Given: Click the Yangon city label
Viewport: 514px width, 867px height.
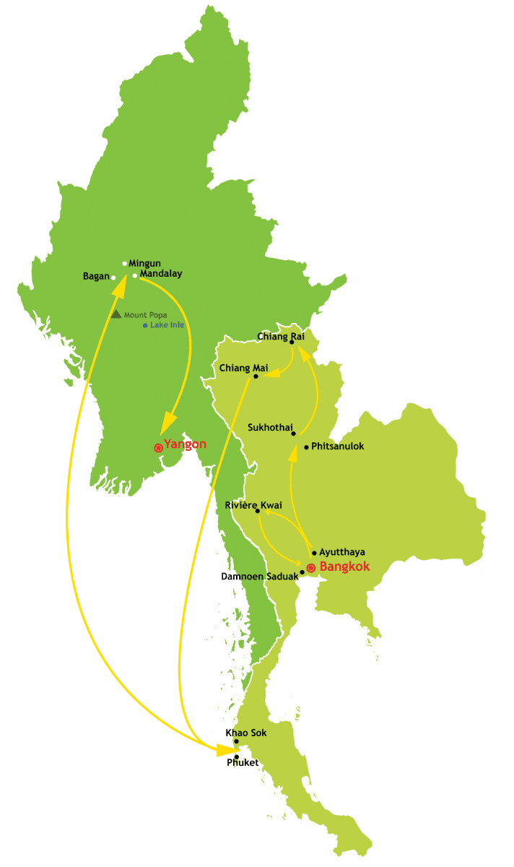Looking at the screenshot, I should click(186, 444).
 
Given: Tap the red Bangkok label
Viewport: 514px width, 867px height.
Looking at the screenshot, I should click(344, 566).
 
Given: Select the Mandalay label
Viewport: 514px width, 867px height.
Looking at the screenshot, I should click(161, 274).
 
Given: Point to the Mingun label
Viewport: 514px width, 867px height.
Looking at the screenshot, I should click(144, 264).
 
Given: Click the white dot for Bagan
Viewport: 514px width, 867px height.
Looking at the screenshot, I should click(113, 277).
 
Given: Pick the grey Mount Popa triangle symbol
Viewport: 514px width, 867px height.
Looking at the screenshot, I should click(116, 314).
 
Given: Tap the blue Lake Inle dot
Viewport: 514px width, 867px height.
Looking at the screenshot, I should click(145, 326).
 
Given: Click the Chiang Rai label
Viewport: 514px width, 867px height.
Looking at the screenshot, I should click(281, 336).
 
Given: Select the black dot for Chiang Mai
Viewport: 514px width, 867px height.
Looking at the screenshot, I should click(256, 376).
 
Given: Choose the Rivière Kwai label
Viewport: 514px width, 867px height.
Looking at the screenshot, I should click(253, 505).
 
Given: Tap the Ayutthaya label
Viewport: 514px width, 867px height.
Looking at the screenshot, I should click(342, 553).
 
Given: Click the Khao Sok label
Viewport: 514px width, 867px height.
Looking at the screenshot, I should click(246, 733).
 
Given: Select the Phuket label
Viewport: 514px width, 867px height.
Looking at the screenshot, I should click(243, 762).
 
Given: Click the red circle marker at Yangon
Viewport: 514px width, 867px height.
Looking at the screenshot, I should click(159, 448).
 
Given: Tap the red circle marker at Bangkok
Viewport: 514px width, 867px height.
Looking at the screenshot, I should click(311, 567).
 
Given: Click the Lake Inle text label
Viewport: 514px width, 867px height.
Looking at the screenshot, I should click(167, 326).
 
